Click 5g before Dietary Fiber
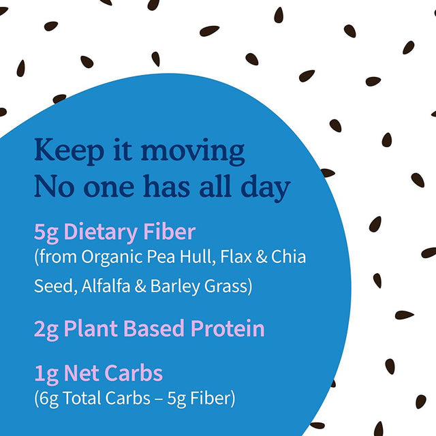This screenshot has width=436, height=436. tap(47, 232)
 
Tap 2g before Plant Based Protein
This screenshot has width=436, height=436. tap(47, 330)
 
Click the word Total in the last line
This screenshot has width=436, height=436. tap(86, 398)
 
